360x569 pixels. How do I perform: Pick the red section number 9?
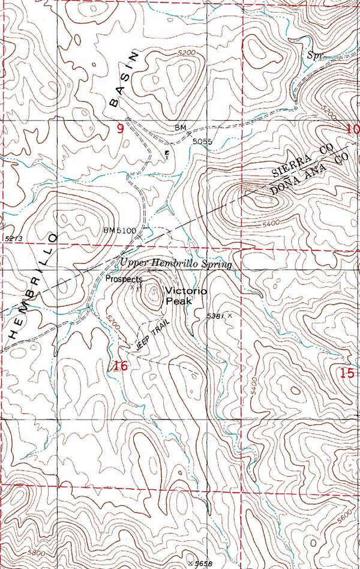pos(120,128)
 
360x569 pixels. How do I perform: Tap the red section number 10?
pos(352,128)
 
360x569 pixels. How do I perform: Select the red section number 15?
pos(346,372)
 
